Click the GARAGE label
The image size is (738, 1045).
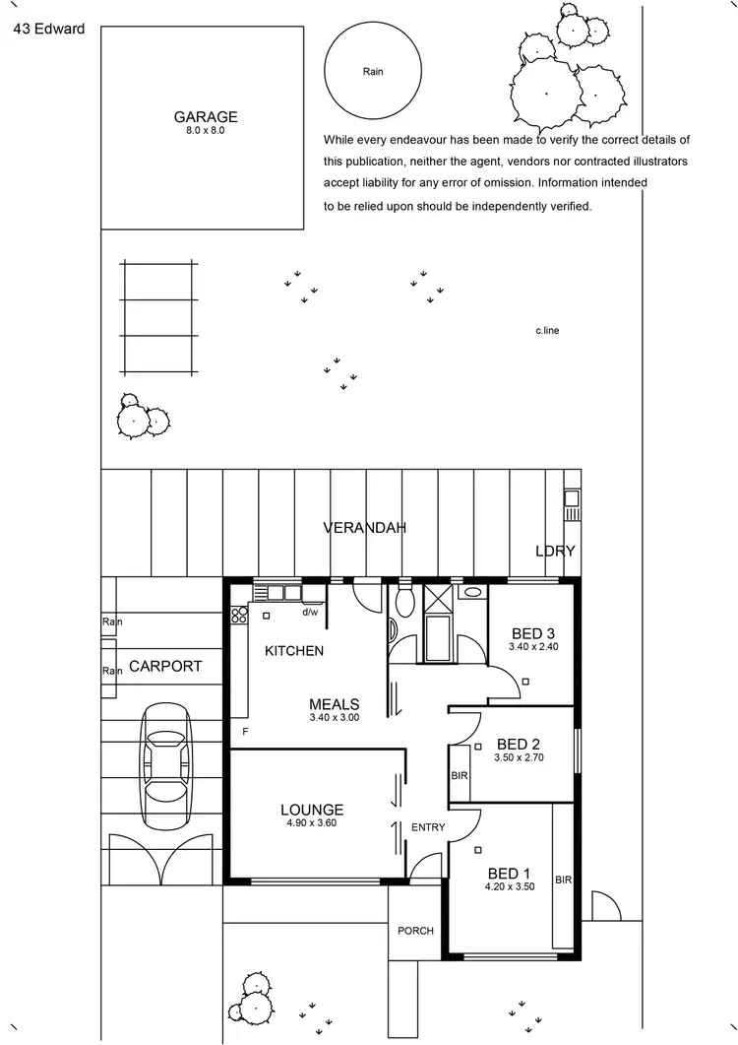click(x=206, y=117)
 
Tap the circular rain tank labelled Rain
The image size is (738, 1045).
click(x=372, y=72)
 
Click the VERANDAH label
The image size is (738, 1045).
click(x=365, y=528)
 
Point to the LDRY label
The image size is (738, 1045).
click(x=554, y=551)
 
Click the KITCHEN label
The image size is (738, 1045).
click(x=293, y=651)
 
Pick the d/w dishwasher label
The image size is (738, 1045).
click(x=310, y=612)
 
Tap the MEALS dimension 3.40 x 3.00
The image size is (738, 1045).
click(x=334, y=719)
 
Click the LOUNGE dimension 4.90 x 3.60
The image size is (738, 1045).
click(x=310, y=823)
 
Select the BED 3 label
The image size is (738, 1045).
click(x=533, y=633)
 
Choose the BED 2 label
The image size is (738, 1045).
click(x=521, y=744)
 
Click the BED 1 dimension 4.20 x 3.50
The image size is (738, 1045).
click(x=509, y=886)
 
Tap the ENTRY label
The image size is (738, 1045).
click(x=428, y=827)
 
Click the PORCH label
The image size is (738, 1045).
click(x=415, y=931)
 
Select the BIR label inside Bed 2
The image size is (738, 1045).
click(x=459, y=776)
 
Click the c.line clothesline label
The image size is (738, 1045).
click(x=547, y=331)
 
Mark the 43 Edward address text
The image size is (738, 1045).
click(x=48, y=28)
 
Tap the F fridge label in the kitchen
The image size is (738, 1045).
click(x=245, y=732)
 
